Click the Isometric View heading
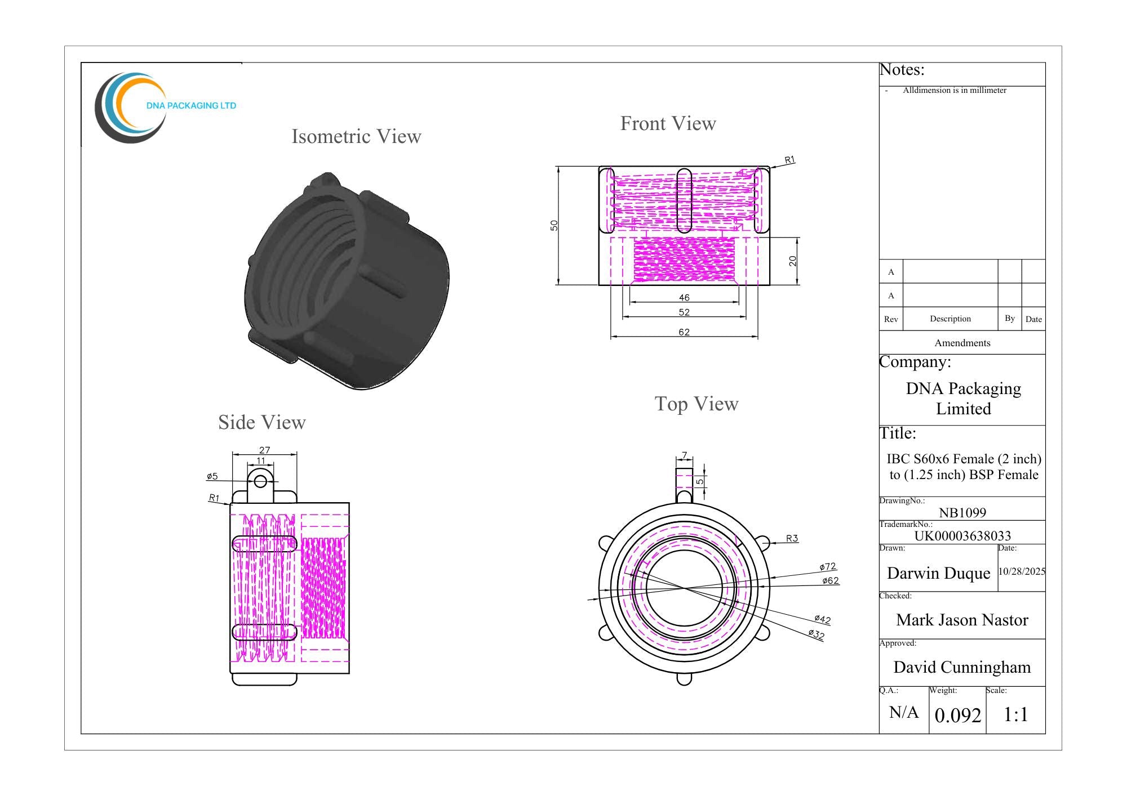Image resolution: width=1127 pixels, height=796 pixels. pyautogui.click(x=356, y=136)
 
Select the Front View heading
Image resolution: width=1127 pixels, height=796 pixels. pyautogui.click(x=668, y=123)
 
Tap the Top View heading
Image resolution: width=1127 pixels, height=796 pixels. pyautogui.click(x=696, y=404)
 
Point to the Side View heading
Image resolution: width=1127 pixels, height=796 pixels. pyautogui.click(x=262, y=422)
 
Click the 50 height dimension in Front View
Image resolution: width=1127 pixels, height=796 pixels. pyautogui.click(x=554, y=225)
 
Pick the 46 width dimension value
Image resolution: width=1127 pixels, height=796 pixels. pyautogui.click(x=684, y=297)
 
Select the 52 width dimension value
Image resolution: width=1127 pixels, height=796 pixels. pyautogui.click(x=684, y=312)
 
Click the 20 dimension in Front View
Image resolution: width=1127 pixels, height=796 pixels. pyautogui.click(x=793, y=261)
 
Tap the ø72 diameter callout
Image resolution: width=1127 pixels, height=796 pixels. pyautogui.click(x=828, y=566)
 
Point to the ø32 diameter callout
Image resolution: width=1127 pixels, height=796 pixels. pyautogui.click(x=817, y=634)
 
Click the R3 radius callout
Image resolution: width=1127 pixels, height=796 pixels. pyautogui.click(x=792, y=538)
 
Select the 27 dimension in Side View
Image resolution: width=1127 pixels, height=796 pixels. pyautogui.click(x=265, y=450)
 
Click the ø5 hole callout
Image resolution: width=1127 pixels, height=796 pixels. pyautogui.click(x=212, y=476)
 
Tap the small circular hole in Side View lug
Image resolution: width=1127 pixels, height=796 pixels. pyautogui.click(x=260, y=481)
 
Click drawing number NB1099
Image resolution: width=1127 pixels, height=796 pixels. pyautogui.click(x=962, y=512)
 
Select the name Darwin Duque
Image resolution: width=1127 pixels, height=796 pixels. pyautogui.click(x=939, y=573)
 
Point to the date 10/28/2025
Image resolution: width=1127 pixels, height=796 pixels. pyautogui.click(x=1022, y=571)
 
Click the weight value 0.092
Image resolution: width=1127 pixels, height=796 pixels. pyautogui.click(x=958, y=715)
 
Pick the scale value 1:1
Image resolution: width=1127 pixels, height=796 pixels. pyautogui.click(x=1016, y=714)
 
